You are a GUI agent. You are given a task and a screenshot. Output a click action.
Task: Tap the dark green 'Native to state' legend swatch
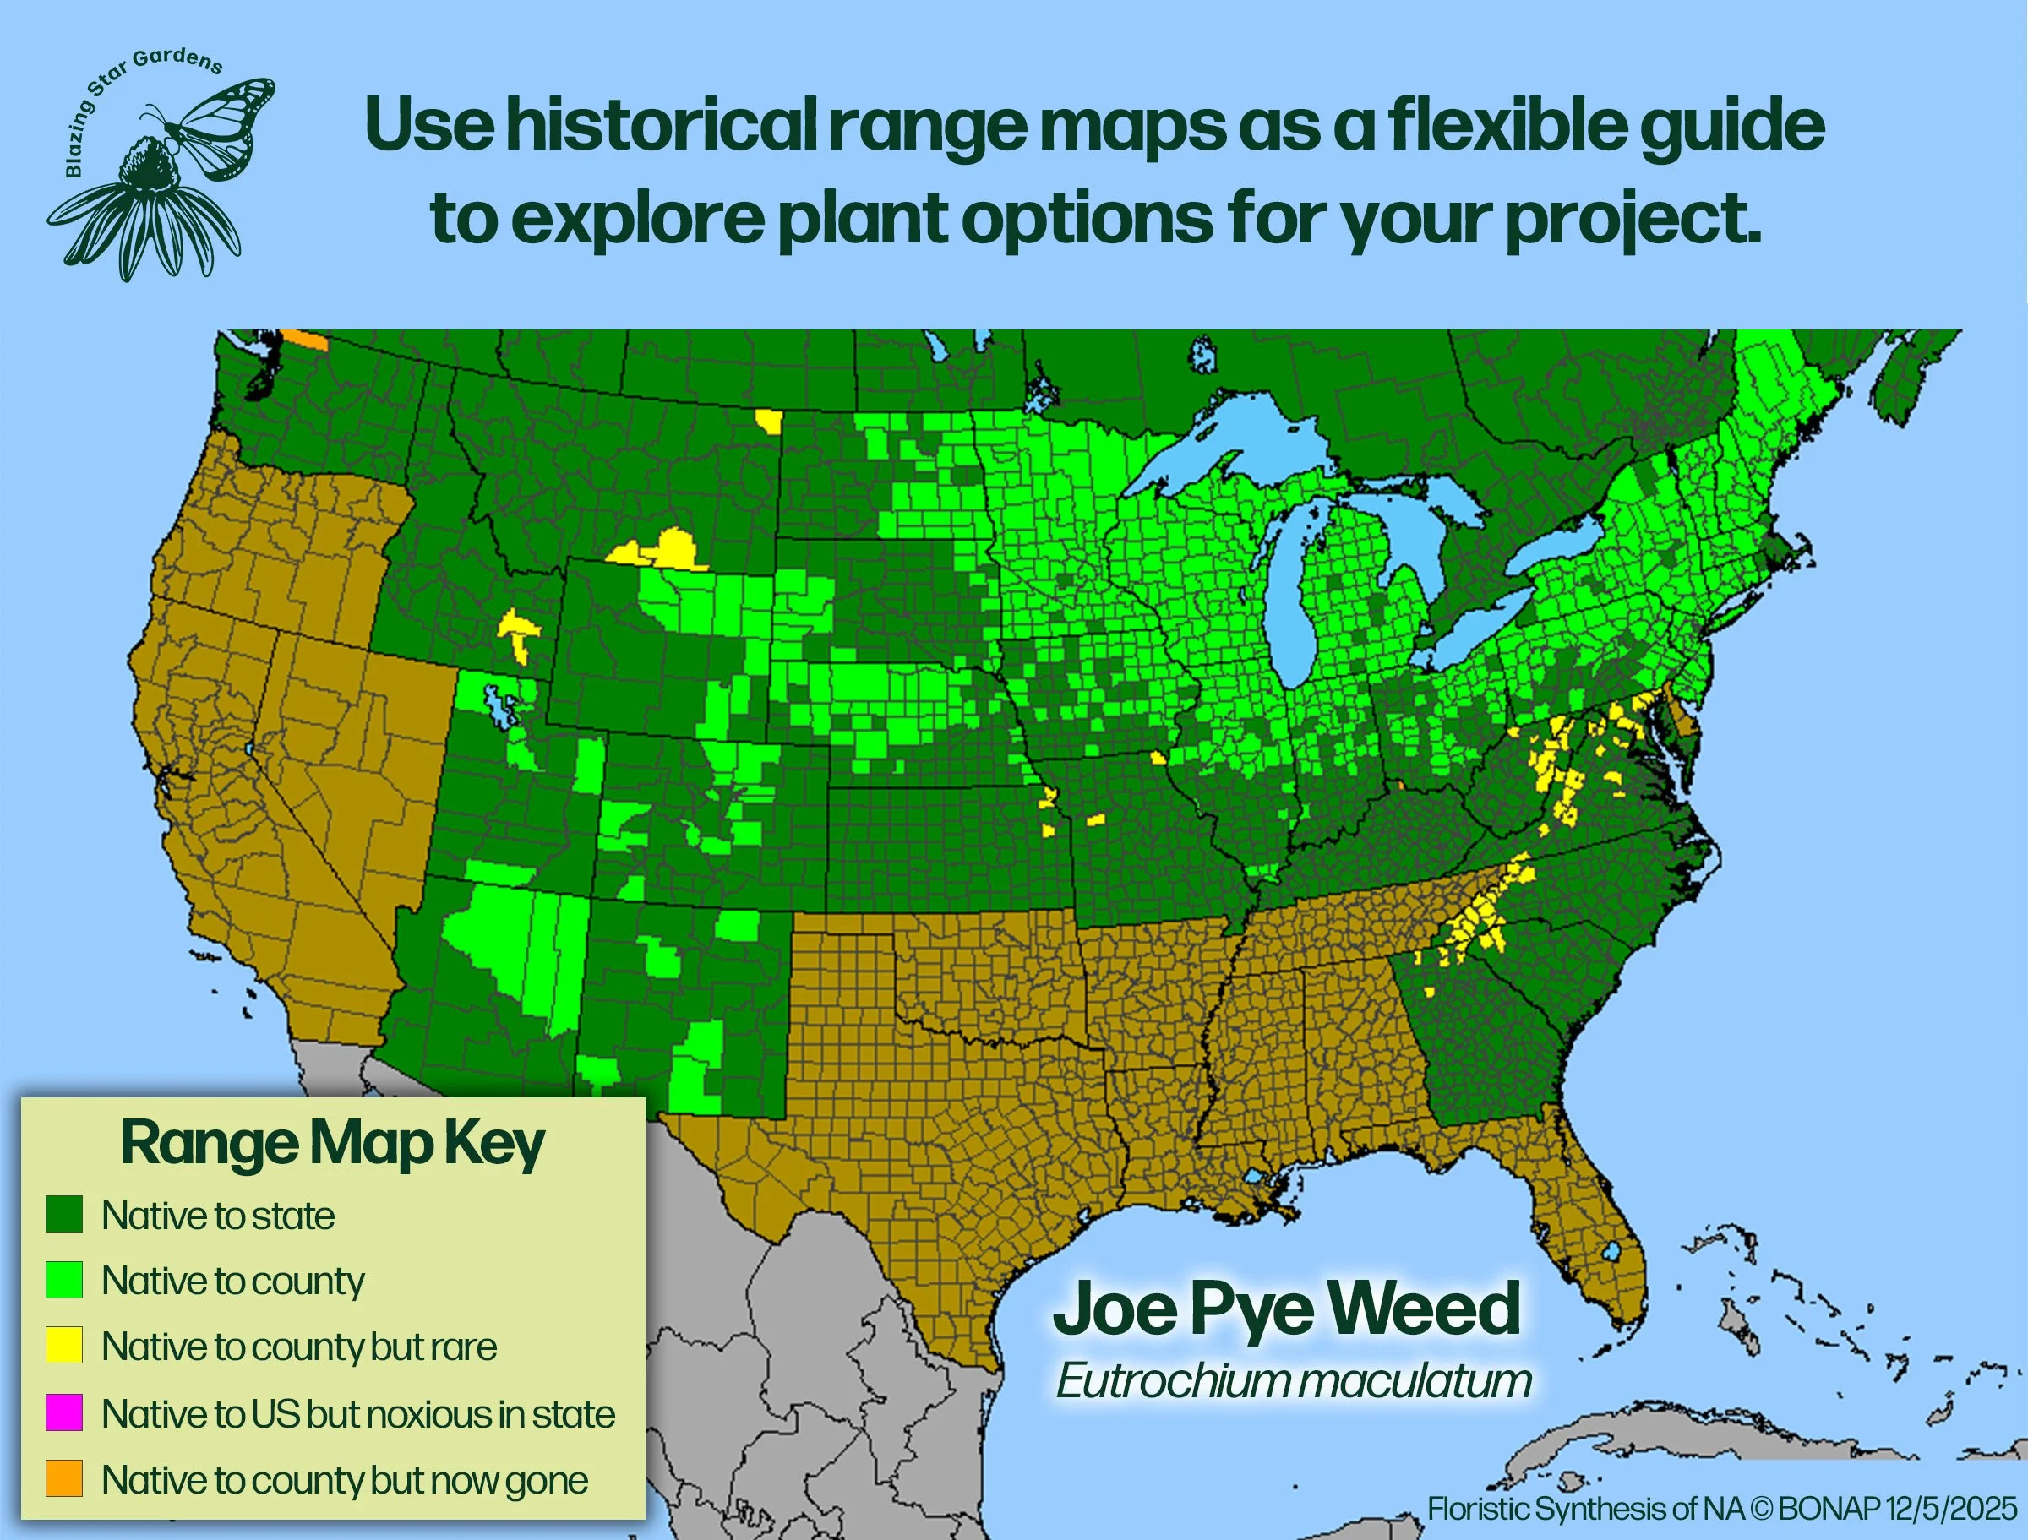point(64,1214)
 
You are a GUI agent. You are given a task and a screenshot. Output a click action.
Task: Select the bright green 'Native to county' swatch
point(64,1280)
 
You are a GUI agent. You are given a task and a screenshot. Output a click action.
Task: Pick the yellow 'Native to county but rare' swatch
point(64,1346)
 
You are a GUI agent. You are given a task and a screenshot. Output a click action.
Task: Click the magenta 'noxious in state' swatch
point(64,1412)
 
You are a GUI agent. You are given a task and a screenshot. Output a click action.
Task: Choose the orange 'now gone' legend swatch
point(64,1478)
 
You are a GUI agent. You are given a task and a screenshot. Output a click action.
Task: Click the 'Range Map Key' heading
point(333,1143)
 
